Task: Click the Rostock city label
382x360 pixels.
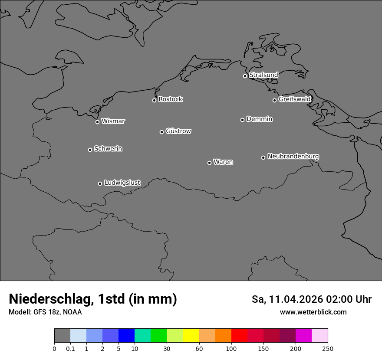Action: point(170,99)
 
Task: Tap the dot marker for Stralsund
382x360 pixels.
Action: point(245,76)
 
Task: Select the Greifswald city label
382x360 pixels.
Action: point(294,99)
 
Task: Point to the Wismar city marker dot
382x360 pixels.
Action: point(97,122)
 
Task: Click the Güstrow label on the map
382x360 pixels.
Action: point(178,131)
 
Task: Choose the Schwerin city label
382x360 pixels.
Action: point(108,149)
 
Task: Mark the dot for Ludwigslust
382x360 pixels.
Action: point(100,183)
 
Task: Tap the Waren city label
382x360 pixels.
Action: point(223,162)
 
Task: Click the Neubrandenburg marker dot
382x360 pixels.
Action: point(263,157)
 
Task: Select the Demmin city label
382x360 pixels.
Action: point(259,119)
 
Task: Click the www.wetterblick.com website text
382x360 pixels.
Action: point(313,312)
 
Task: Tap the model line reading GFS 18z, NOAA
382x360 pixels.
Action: point(57,312)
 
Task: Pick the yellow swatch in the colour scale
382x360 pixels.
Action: point(191,336)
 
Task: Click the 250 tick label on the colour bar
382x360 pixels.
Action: point(328,348)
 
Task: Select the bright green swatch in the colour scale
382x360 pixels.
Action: point(159,336)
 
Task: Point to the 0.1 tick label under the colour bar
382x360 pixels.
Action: point(70,348)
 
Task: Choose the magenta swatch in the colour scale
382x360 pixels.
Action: point(303,336)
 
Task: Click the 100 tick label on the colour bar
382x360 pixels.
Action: point(231,348)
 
